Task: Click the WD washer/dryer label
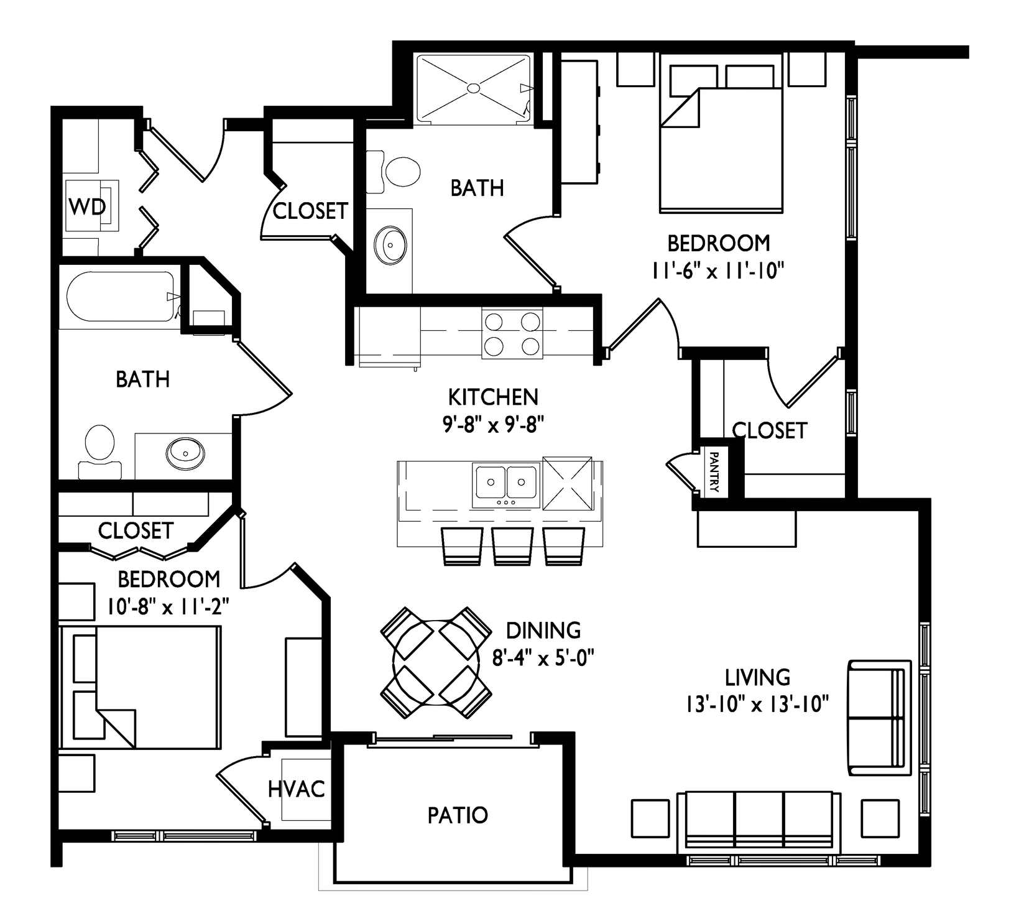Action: [87, 207]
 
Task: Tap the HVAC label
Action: [297, 789]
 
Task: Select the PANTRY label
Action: [714, 472]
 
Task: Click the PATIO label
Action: [458, 815]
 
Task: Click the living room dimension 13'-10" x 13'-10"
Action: [757, 705]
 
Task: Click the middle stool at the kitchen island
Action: [512, 545]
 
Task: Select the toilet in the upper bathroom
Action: [394, 171]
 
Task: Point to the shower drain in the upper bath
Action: [474, 89]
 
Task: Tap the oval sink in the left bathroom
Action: [185, 452]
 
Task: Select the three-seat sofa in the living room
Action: [758, 821]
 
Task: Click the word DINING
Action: [543, 631]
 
